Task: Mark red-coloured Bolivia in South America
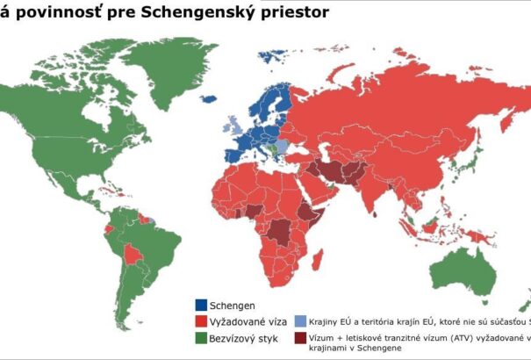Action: [133, 255]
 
